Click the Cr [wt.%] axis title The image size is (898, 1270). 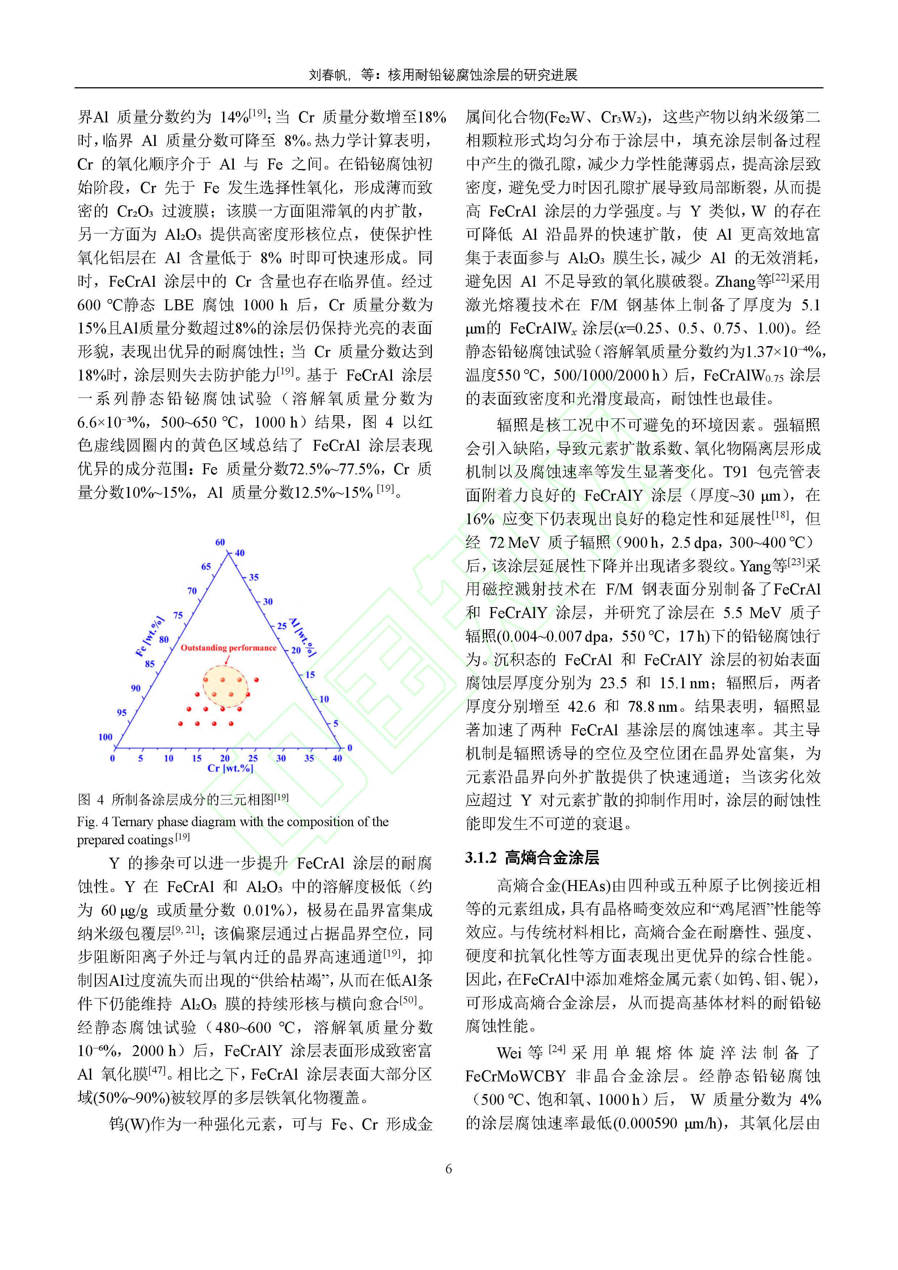230,768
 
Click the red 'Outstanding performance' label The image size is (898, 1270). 228,648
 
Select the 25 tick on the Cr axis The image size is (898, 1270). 253,758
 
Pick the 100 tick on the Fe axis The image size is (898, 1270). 105,737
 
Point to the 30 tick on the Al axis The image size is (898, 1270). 267,601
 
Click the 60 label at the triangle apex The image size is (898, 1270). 220,542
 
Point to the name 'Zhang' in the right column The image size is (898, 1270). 735,282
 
